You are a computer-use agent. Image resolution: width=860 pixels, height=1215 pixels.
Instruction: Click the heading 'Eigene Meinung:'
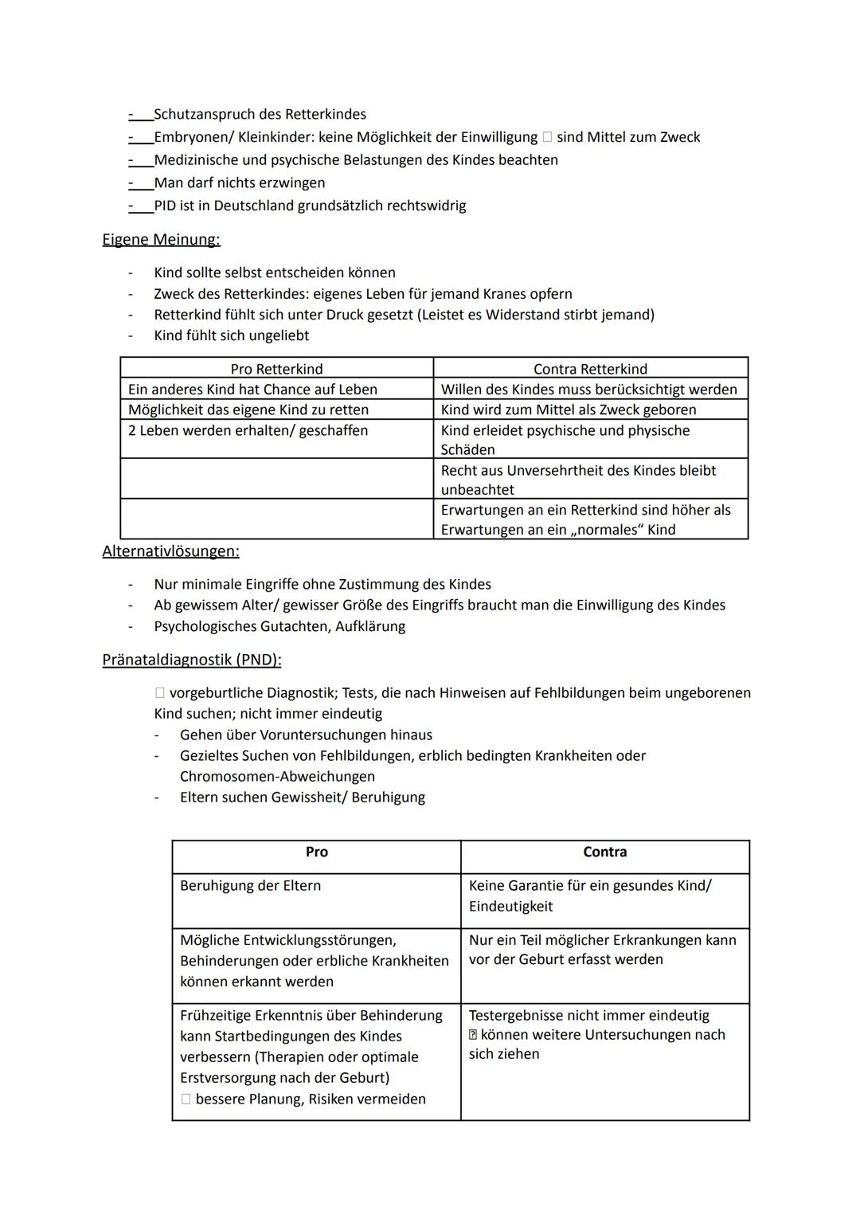[x=161, y=239]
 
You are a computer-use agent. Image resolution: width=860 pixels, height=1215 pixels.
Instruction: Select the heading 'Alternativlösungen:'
[x=170, y=551]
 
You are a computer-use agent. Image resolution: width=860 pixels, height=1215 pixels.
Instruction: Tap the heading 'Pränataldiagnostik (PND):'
[x=191, y=660]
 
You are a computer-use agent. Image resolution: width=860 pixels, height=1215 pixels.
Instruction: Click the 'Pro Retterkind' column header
[x=276, y=369]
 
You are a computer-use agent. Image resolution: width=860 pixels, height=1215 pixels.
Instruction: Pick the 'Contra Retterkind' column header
[x=590, y=369]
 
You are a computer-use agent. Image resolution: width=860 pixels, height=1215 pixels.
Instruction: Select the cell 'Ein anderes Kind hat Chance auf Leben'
[x=252, y=390]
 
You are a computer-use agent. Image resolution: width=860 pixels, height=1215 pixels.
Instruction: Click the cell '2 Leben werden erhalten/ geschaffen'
[x=248, y=430]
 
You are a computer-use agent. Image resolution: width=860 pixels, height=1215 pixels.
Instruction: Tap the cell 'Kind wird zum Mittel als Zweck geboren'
[x=568, y=410]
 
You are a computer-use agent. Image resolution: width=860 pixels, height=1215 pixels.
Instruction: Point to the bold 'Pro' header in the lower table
[x=316, y=852]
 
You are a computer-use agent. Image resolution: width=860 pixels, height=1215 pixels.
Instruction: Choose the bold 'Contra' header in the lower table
[x=604, y=852]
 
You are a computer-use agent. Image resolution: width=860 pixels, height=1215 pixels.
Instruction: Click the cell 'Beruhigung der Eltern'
[x=250, y=886]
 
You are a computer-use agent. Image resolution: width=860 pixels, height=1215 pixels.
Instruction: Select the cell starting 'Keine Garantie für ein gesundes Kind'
[x=589, y=896]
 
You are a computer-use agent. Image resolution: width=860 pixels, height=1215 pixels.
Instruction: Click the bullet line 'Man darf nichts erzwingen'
[x=239, y=182]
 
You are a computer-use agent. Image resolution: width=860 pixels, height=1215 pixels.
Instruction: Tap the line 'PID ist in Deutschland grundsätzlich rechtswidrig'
[x=310, y=206]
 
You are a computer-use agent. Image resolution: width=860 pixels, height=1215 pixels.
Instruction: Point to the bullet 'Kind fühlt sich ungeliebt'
[x=232, y=335]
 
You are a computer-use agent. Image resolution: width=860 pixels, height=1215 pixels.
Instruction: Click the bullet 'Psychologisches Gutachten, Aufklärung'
[x=279, y=626]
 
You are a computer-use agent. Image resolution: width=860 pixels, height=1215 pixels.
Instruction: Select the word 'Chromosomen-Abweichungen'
[x=277, y=776]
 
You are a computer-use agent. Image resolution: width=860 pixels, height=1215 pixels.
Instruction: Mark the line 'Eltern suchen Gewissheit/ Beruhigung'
[x=302, y=797]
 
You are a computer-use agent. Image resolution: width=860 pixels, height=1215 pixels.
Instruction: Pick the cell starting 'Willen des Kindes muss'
[x=588, y=390]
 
